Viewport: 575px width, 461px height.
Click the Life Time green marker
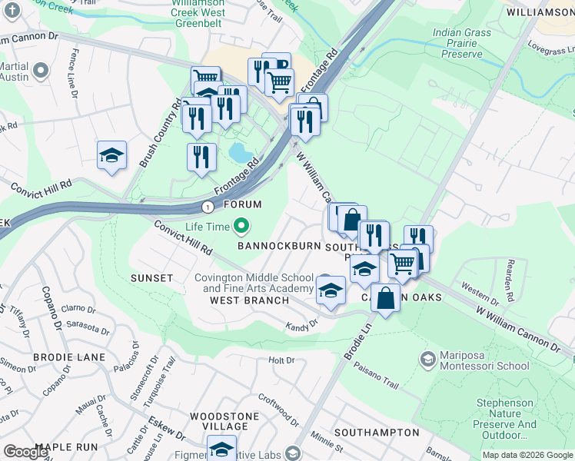pyautogui.click(x=242, y=227)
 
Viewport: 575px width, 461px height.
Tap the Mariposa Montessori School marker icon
pyautogui.click(x=428, y=359)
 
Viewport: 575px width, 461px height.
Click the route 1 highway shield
pyautogui.click(x=207, y=207)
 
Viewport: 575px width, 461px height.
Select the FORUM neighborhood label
pyautogui.click(x=242, y=205)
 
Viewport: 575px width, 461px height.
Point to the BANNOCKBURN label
pyautogui.click(x=278, y=248)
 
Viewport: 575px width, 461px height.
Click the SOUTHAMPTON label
pyautogui.click(x=377, y=433)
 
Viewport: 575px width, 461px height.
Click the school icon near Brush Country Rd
pyautogui.click(x=111, y=156)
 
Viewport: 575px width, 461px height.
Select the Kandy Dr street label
pyautogui.click(x=302, y=327)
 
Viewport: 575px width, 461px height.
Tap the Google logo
pyautogui.click(x=25, y=452)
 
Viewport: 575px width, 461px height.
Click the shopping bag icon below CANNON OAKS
pyautogui.click(x=385, y=297)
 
